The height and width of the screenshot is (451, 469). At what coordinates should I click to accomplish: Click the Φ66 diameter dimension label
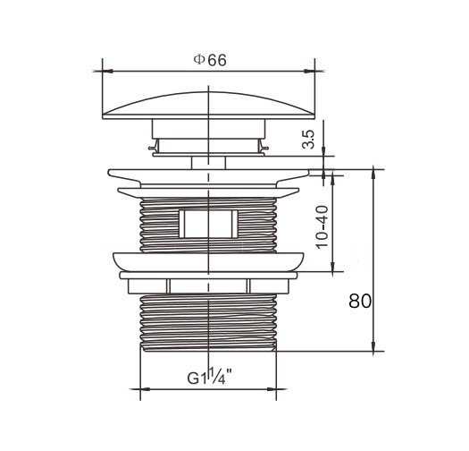210,60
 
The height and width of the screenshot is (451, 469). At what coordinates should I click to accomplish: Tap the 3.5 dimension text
308,140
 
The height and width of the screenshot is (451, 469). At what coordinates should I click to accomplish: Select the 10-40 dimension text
322,227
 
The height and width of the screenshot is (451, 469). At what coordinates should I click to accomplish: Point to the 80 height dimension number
360,302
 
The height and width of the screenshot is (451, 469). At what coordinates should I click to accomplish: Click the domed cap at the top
208,106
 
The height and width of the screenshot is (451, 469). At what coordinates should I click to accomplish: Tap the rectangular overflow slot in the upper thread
208,224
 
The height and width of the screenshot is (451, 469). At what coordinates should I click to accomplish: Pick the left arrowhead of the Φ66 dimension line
107,72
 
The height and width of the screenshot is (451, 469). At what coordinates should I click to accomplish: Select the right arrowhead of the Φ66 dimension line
310,72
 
